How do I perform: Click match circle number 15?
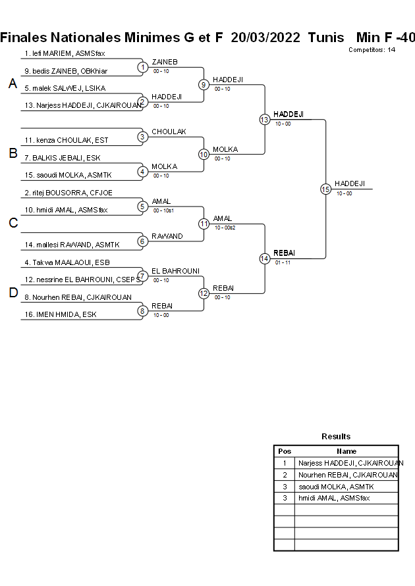tap(325, 189)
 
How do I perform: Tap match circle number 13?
tap(264, 119)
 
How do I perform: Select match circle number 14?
tap(264, 258)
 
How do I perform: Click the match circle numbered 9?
tap(204, 84)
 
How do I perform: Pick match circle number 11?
tap(204, 224)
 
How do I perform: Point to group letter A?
tap(13, 84)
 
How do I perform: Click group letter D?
tap(13, 293)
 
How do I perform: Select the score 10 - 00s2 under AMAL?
tap(225, 228)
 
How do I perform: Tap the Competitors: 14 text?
tap(372, 49)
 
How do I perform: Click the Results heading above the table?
tap(336, 436)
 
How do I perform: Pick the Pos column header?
tap(284, 451)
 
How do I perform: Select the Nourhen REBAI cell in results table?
tap(346, 474)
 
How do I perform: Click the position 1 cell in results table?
tap(284, 463)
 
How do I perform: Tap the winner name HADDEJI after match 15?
tap(349, 183)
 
